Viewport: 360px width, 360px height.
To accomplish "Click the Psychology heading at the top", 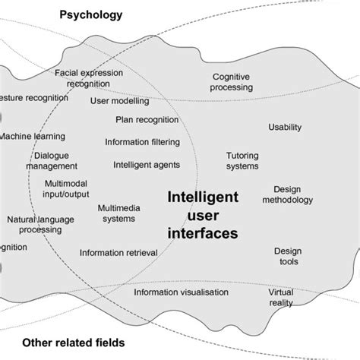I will coord(91,15).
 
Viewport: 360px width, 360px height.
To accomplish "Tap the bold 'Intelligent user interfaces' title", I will coord(202,216).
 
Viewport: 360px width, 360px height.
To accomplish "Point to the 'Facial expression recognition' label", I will coord(88,78).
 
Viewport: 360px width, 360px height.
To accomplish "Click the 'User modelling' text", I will coord(119,101).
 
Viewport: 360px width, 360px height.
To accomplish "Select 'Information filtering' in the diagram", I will coord(142,141).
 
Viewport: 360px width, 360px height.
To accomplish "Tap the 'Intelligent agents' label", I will coord(147,164).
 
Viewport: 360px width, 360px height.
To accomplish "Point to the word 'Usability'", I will coord(285,127).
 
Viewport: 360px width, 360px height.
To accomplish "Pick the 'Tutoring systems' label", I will coord(242,160).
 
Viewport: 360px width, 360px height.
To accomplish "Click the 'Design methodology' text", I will coord(287,195).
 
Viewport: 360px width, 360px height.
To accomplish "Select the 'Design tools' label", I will coord(288,256).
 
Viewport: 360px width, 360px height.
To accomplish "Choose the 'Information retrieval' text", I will coord(118,253).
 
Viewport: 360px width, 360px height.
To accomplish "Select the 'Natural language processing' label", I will coord(40,225).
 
